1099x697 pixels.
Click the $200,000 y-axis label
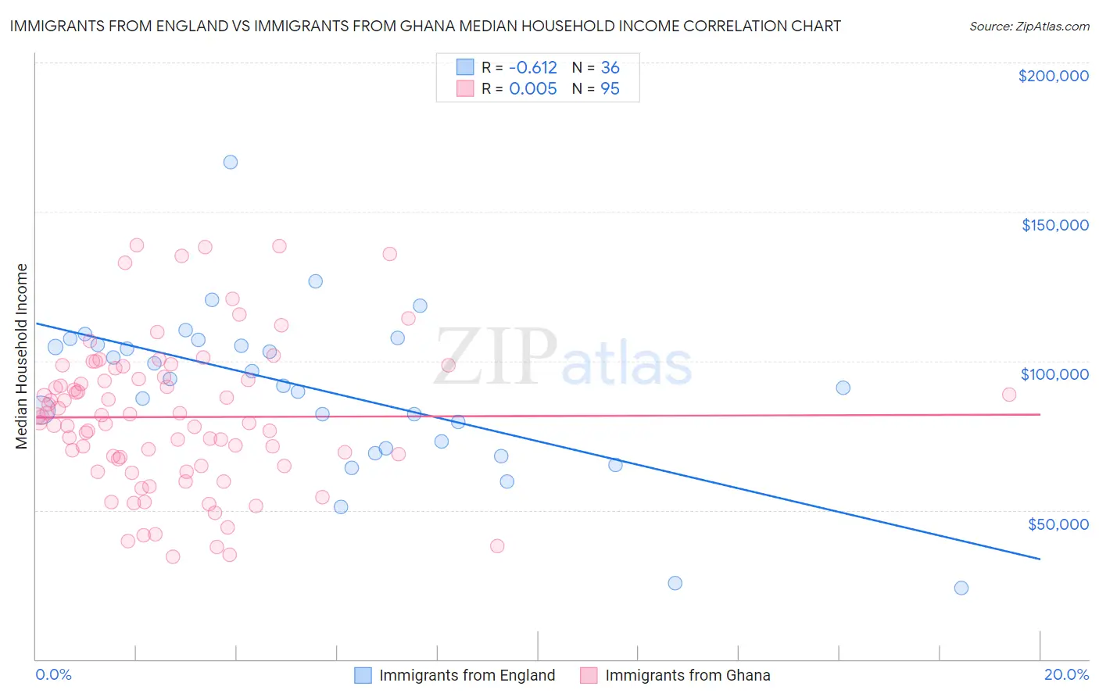(1053, 76)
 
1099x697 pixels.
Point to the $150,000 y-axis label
(1054, 225)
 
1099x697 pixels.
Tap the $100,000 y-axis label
(1054, 374)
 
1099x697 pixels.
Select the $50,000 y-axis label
(1058, 524)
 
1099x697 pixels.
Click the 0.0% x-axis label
(53, 674)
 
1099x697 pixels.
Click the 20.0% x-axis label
(1066, 674)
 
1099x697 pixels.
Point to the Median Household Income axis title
(21, 356)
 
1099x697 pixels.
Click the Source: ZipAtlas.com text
(1029, 26)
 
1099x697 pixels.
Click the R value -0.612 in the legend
(532, 68)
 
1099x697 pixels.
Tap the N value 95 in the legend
(610, 89)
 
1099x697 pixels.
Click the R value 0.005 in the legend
(532, 89)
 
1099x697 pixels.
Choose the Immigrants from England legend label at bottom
(467, 675)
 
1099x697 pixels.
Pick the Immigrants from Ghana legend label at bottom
(687, 675)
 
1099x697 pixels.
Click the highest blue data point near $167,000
(230, 163)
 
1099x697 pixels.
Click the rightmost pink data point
(1008, 395)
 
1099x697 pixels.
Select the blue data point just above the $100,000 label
(843, 388)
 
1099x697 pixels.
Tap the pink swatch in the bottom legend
(588, 675)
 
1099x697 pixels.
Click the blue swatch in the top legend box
(465, 67)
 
